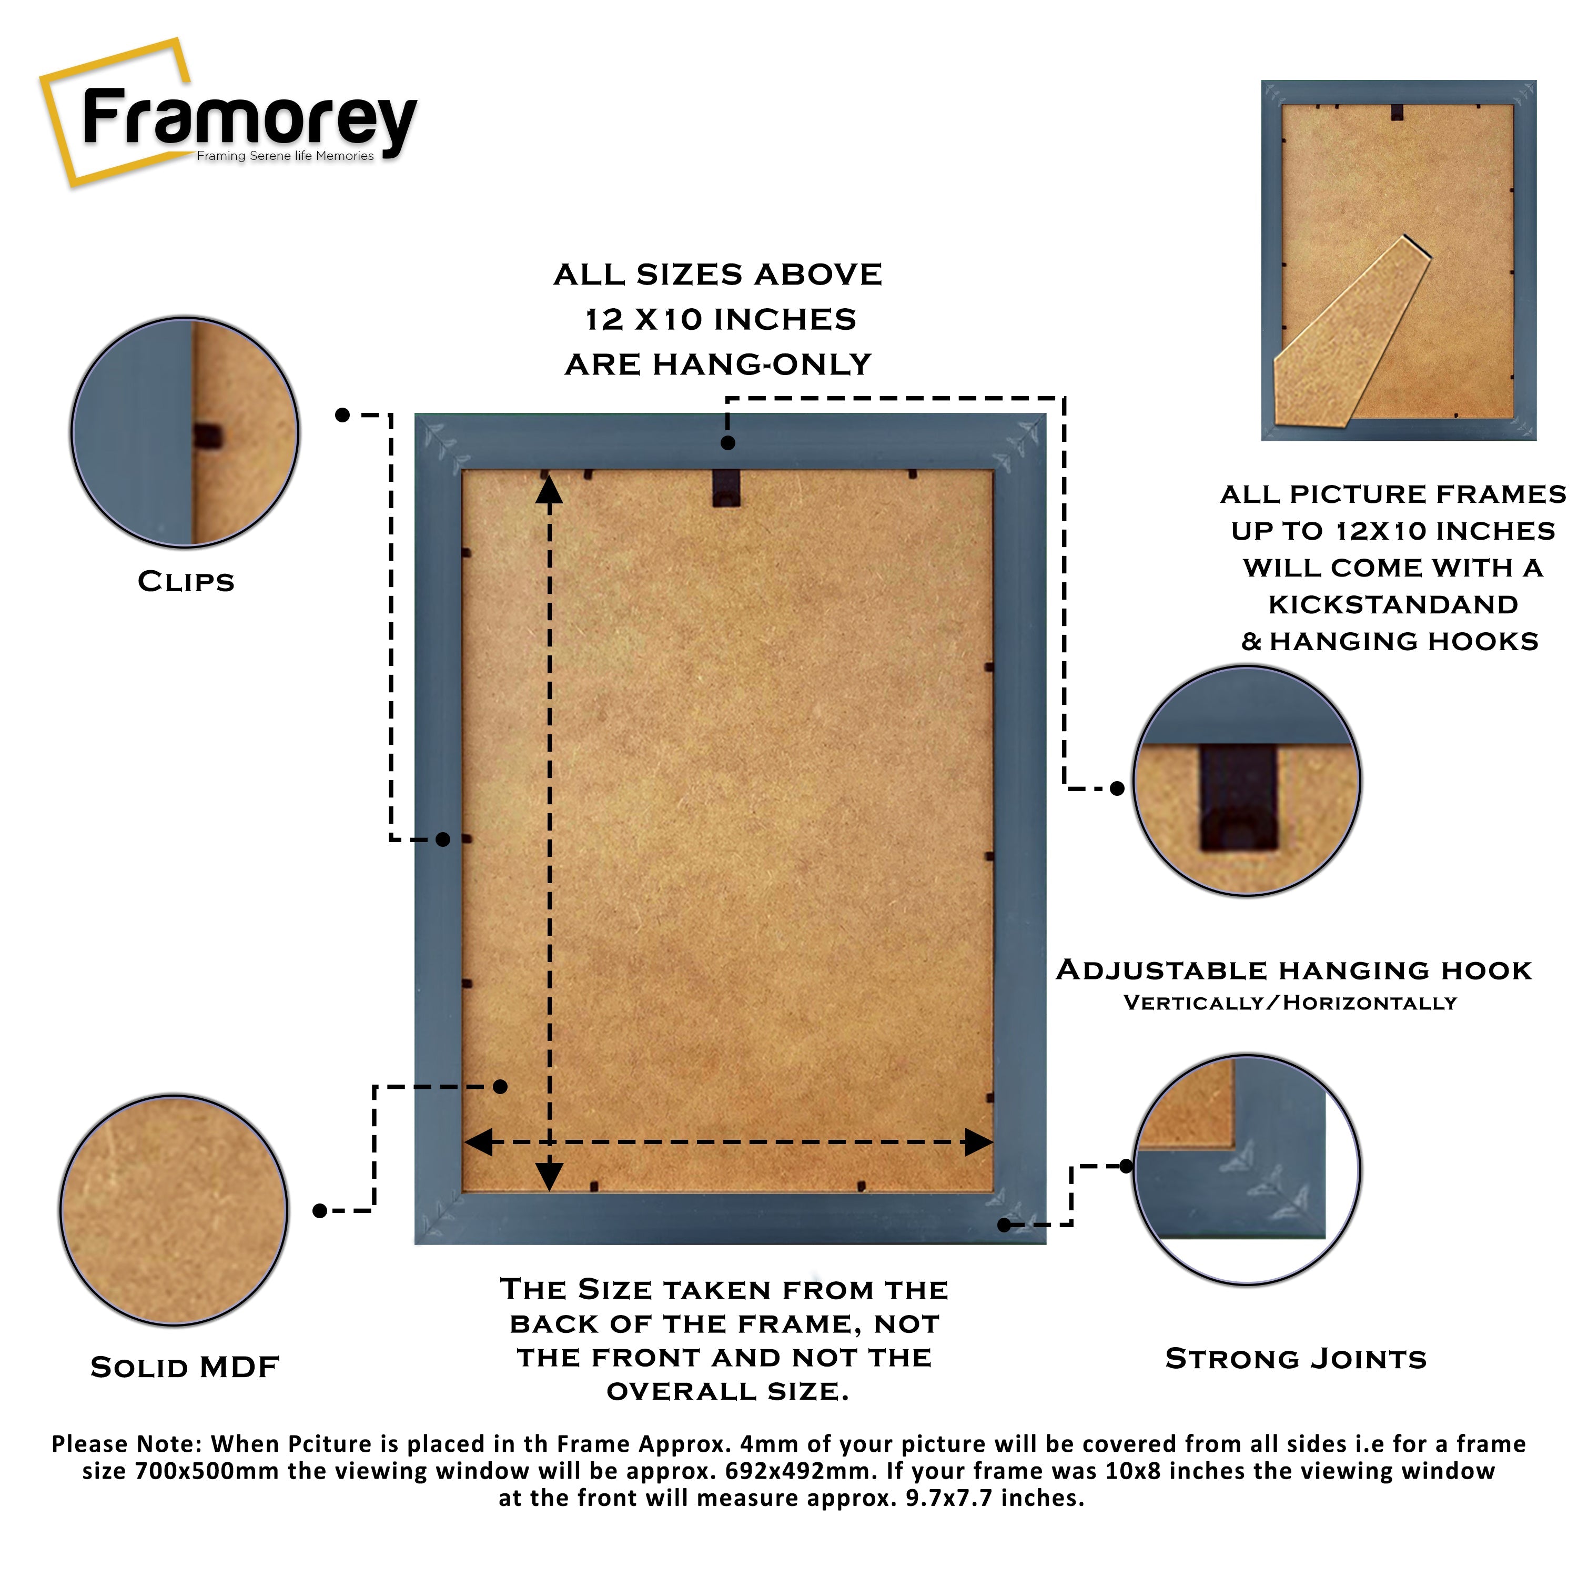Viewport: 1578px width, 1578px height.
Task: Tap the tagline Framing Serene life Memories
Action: point(285,156)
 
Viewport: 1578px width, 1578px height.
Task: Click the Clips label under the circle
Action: point(186,582)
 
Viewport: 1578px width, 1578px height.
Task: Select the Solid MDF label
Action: point(185,1367)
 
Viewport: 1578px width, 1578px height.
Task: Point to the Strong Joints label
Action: point(1296,1359)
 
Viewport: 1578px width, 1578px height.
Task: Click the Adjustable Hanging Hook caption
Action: point(1294,971)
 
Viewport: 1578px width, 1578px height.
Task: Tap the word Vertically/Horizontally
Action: point(1290,1003)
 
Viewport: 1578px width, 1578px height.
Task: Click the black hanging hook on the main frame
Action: point(726,488)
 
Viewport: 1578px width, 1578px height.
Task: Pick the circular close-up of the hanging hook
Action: point(1247,782)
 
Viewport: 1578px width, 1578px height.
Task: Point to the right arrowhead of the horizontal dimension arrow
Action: point(978,1142)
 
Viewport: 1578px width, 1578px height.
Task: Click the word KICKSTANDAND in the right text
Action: point(1393,605)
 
